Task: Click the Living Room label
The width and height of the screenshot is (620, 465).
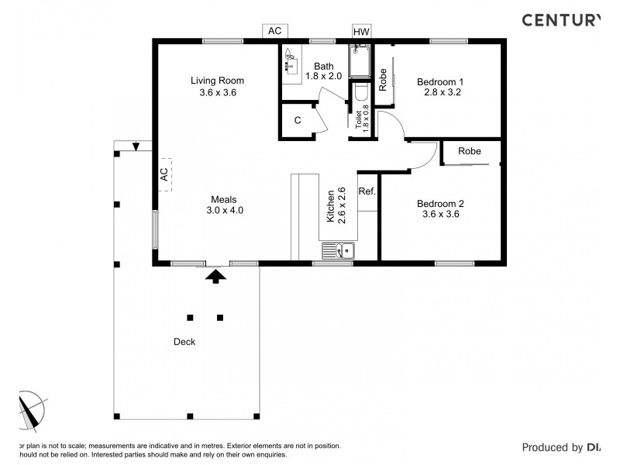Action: click(217, 81)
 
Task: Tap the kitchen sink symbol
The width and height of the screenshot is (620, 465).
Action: click(338, 250)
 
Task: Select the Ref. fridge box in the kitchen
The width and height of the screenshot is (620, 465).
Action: click(367, 191)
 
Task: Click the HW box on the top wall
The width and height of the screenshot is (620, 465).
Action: click(361, 32)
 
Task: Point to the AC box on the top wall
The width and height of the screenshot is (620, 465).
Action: click(274, 31)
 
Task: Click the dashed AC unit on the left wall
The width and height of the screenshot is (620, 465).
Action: click(164, 174)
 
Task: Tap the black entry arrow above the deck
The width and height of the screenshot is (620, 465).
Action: click(216, 274)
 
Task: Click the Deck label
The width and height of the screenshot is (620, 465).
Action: click(184, 342)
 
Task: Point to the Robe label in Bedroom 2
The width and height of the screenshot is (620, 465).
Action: click(469, 152)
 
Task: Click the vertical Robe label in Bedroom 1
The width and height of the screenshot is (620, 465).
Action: click(383, 81)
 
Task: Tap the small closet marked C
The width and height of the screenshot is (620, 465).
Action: click(298, 121)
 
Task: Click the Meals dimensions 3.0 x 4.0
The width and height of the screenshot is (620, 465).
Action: click(226, 210)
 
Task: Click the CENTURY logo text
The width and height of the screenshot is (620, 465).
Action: click(559, 21)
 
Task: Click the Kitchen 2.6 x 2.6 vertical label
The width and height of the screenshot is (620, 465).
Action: click(336, 205)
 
